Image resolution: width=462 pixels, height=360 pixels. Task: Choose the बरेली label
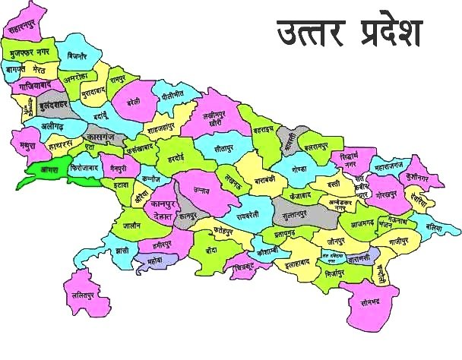134,100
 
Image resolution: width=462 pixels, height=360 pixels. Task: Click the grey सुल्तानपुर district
293,216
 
